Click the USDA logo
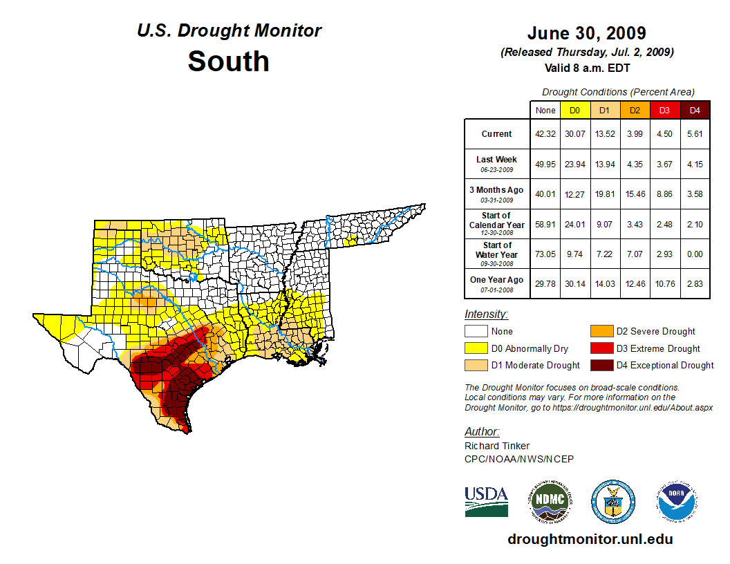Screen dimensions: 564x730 coord(486,501)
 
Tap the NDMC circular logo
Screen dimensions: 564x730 coord(550,501)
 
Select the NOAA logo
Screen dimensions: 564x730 coord(677,501)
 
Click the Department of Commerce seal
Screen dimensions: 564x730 coord(612,501)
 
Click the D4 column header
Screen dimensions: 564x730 coord(695,111)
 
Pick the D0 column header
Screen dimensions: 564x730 coord(574,111)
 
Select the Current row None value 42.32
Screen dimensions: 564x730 coord(545,134)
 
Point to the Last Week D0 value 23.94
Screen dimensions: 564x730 coord(574,164)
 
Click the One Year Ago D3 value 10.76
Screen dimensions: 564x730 coord(664,283)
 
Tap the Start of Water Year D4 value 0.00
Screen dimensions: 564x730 coord(695,254)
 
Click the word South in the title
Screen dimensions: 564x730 coord(228,61)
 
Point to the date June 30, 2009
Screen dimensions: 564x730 coord(586,33)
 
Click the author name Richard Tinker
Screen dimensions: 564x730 coord(497,446)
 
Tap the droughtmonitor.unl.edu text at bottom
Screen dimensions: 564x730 coord(590,539)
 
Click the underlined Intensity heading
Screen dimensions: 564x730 coord(486,314)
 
